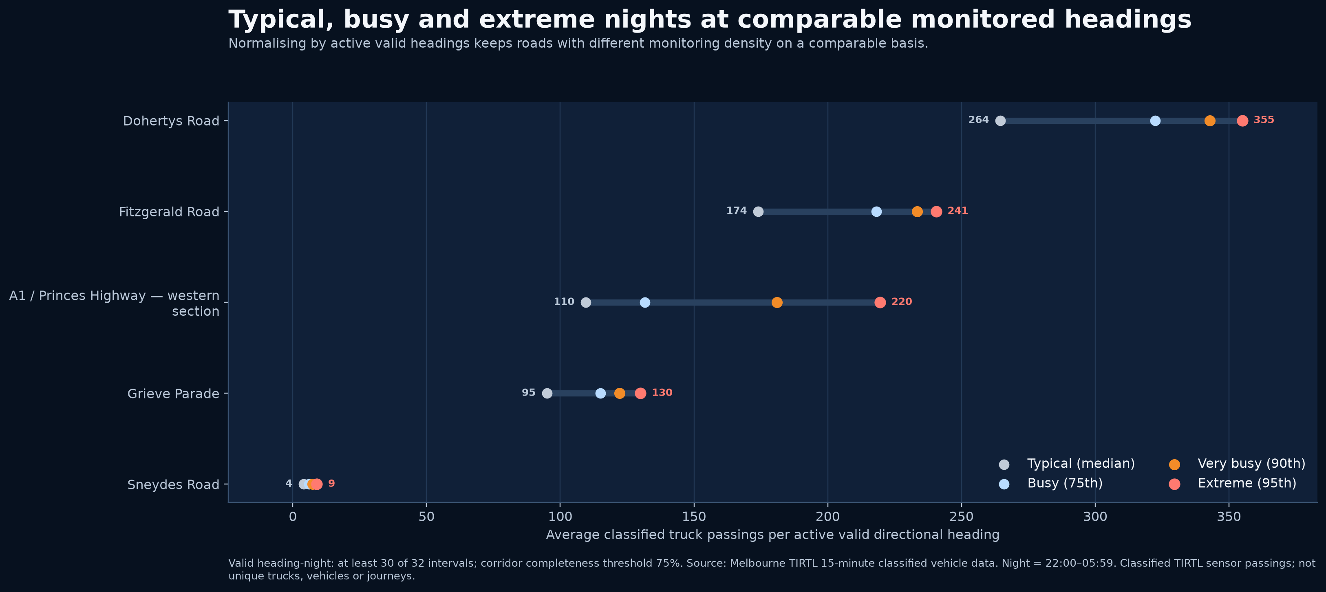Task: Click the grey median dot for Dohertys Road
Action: point(1000,121)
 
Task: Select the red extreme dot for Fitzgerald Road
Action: point(936,211)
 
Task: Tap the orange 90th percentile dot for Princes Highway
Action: point(777,302)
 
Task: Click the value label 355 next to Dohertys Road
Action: point(1264,120)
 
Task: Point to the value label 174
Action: point(736,211)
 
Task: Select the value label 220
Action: point(901,302)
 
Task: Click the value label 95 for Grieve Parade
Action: point(529,393)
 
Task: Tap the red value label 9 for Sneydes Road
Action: point(331,484)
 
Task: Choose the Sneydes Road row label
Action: point(174,484)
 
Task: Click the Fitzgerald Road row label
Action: point(169,212)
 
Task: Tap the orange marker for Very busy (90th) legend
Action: point(1174,464)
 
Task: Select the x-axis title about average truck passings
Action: point(772,535)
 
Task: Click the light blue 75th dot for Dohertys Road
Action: point(1155,121)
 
